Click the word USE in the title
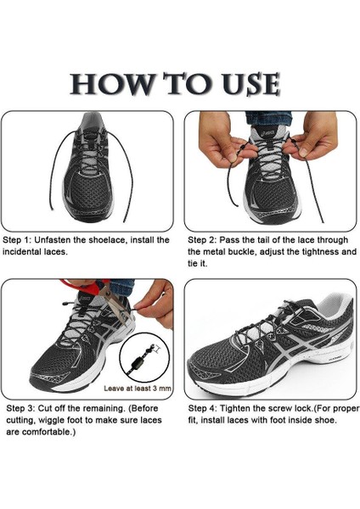tap(250, 84)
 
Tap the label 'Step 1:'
tap(17, 240)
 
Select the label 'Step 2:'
tap(202, 240)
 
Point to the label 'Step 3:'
tap(20, 408)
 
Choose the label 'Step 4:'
tap(202, 408)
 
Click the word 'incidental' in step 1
tap(21, 252)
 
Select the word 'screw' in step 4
tap(281, 408)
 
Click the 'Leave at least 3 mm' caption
tap(138, 389)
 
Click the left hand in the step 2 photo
tap(221, 139)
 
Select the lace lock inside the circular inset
tap(138, 361)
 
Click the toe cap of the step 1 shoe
tap(88, 209)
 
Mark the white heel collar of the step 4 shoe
tap(334, 305)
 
